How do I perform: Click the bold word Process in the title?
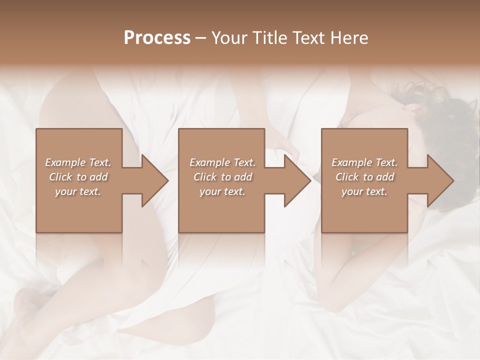pos(157,38)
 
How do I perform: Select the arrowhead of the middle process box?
pos(296,180)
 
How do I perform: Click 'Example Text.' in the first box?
pos(78,162)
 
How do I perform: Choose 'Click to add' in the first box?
pos(78,177)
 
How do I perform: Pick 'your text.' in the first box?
pos(78,191)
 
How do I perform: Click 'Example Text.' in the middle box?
pos(222,162)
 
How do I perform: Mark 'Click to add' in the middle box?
pos(222,177)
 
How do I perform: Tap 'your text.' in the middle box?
pos(222,191)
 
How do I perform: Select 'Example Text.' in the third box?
pos(364,162)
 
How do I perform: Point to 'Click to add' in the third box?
pos(364,177)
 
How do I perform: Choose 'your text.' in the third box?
pos(364,191)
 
